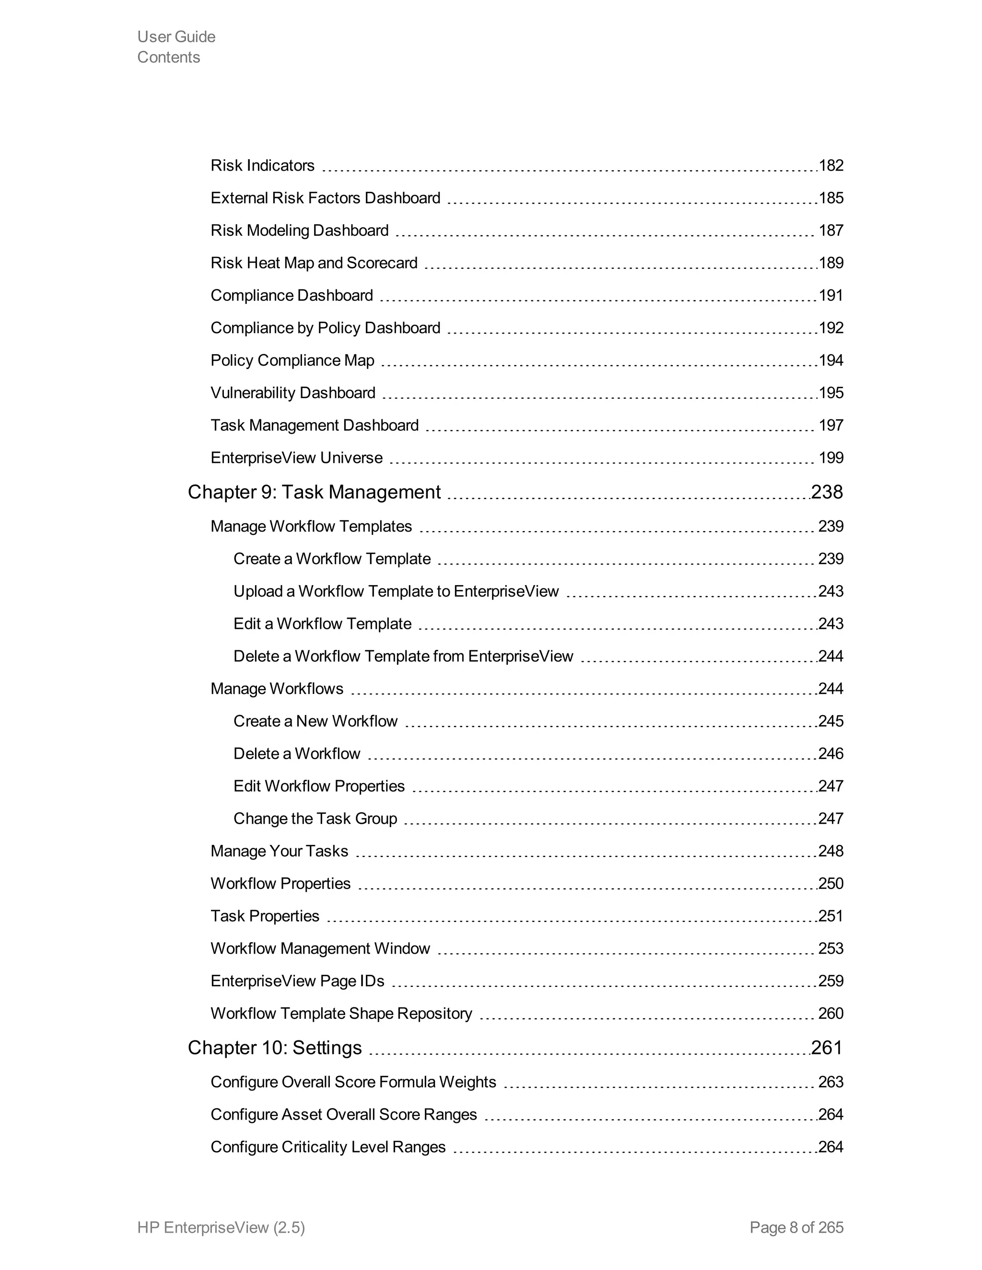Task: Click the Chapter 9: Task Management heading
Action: pos(314,493)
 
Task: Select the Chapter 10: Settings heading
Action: pos(275,1048)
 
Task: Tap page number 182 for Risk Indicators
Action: pos(831,166)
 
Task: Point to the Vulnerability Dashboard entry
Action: pos(293,393)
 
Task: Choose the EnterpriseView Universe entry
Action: pos(297,458)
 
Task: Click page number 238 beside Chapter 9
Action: pos(827,493)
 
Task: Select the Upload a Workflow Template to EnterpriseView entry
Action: pos(396,591)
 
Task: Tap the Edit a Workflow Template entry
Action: pos(322,624)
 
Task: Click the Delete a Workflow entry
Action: pos(297,754)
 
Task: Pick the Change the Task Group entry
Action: pos(316,819)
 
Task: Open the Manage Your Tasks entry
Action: pos(279,851)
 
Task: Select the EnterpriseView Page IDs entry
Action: pos(297,981)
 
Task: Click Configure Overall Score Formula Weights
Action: pos(353,1082)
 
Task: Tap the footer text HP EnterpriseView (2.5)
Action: pos(221,1227)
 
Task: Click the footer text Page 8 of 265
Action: pos(796,1227)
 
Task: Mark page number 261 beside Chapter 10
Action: pos(827,1048)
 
